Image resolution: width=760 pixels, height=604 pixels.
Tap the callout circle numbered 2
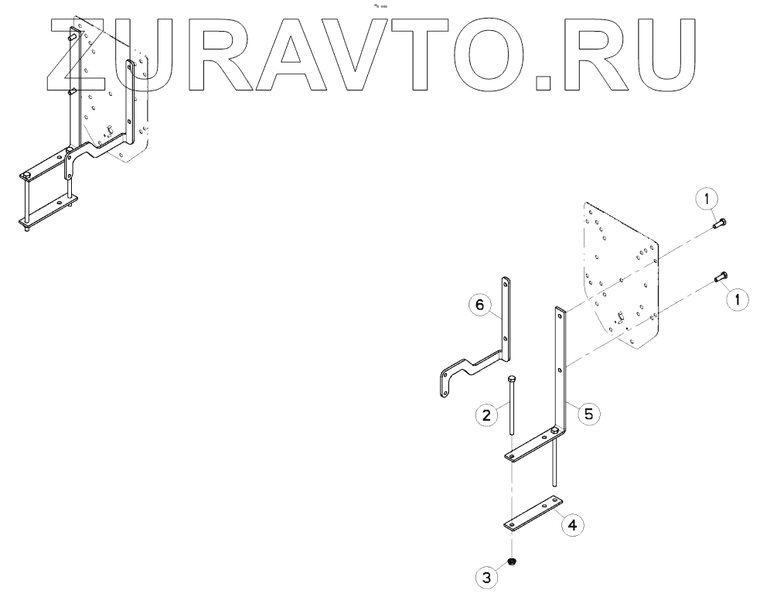click(x=486, y=416)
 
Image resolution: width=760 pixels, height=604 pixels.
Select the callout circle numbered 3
click(x=486, y=577)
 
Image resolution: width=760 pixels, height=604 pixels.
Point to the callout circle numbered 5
click(x=588, y=414)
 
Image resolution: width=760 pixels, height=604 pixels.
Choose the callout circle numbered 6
click(x=479, y=305)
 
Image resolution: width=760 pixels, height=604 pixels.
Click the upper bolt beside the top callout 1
click(x=718, y=225)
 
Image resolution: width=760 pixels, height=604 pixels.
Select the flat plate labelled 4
click(x=533, y=514)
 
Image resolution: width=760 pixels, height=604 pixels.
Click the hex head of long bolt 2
click(x=511, y=380)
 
